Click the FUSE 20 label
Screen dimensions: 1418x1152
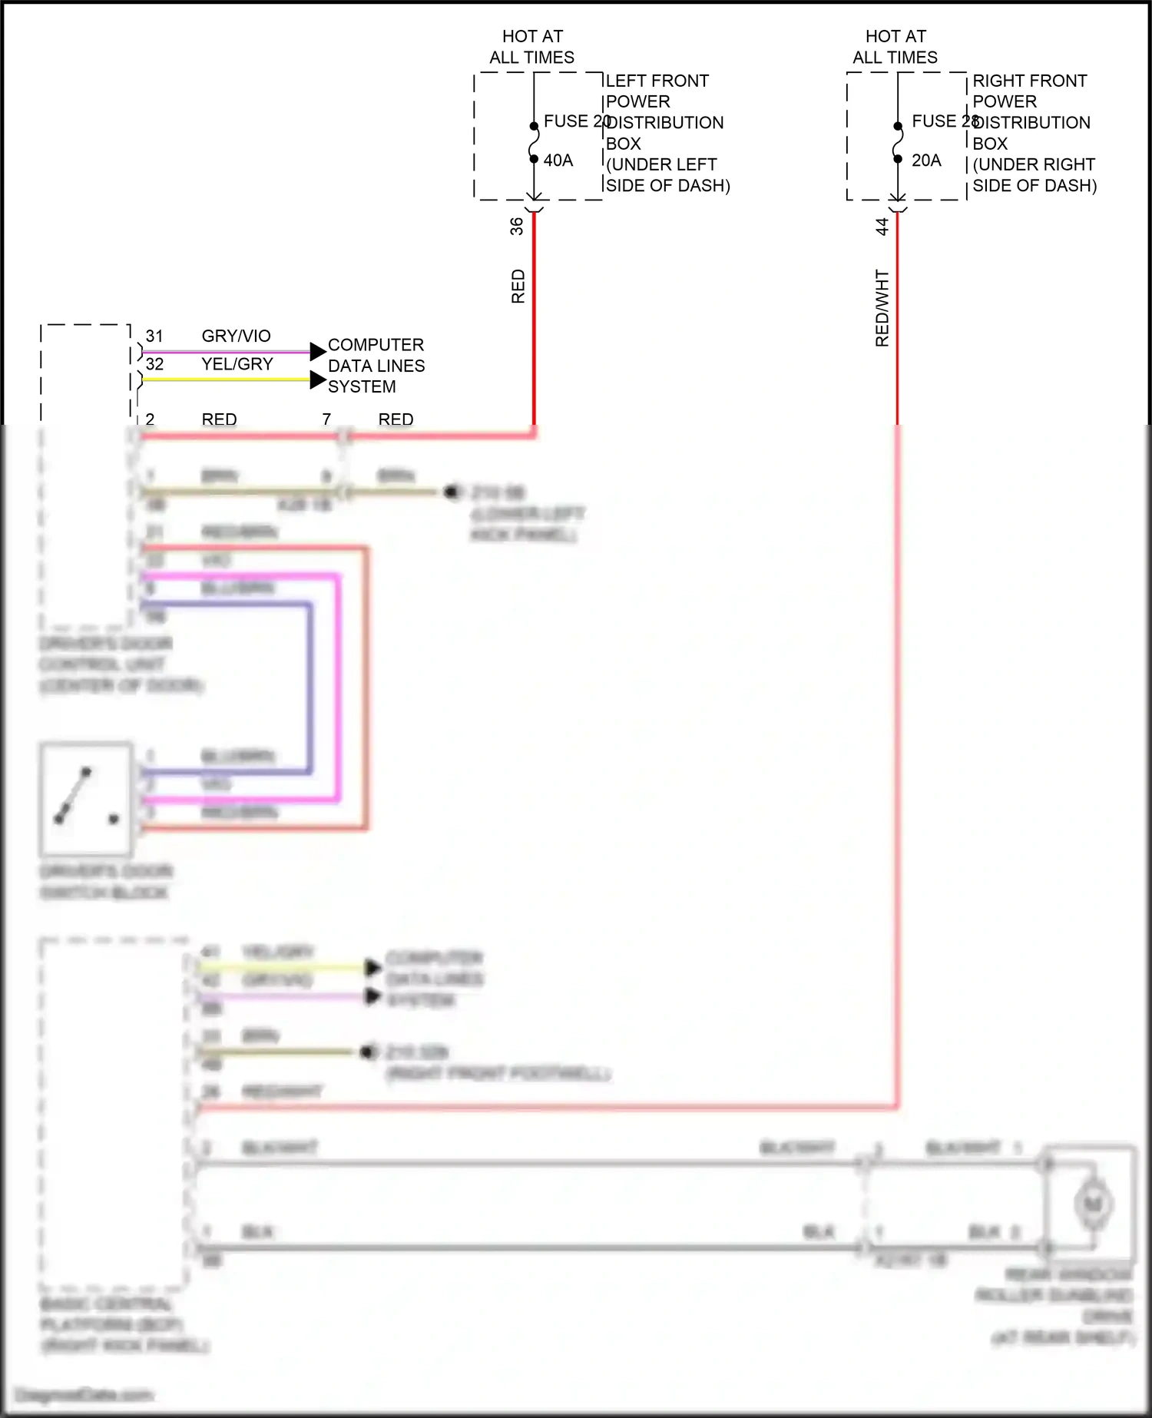click(576, 121)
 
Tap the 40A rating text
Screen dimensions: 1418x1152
click(558, 161)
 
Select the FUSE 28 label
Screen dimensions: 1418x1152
click(944, 121)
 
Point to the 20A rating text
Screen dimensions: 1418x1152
click(926, 161)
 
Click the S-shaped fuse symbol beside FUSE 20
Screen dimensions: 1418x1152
click(535, 143)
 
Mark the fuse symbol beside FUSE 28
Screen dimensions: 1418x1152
click(897, 143)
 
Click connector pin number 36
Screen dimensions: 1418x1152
click(517, 226)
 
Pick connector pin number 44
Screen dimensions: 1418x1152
click(882, 226)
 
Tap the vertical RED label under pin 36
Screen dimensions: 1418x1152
click(518, 287)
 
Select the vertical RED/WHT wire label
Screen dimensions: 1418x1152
click(882, 308)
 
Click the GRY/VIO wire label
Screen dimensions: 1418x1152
click(236, 336)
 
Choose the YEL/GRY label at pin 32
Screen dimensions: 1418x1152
click(237, 364)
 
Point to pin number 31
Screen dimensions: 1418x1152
click(154, 336)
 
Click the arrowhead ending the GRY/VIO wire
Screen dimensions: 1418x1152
click(318, 352)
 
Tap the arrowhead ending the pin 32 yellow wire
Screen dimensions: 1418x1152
click(318, 379)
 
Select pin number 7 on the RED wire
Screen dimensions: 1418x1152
click(326, 419)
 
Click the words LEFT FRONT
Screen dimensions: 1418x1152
click(657, 81)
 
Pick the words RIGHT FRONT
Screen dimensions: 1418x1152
click(1030, 81)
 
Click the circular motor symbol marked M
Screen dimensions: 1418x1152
click(1092, 1203)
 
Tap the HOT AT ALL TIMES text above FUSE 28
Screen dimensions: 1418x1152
click(895, 47)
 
